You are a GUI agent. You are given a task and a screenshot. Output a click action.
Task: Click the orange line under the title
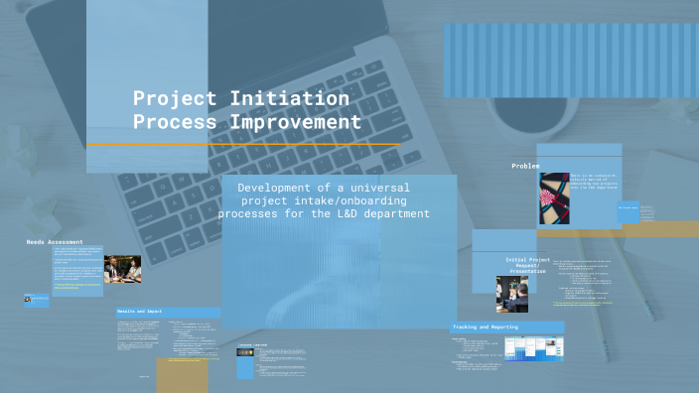pyautogui.click(x=243, y=145)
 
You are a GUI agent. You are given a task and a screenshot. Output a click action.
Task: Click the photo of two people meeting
pyautogui.click(x=122, y=269)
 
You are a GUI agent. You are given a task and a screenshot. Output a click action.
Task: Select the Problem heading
pyautogui.click(x=525, y=166)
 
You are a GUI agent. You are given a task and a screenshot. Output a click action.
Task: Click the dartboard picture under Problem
pyautogui.click(x=553, y=197)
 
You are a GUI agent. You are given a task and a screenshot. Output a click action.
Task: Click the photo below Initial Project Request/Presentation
pyautogui.click(x=512, y=294)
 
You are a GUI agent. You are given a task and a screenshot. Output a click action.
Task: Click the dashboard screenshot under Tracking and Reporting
pyautogui.click(x=532, y=348)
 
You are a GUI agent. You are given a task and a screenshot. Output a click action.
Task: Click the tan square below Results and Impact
pyautogui.click(x=183, y=374)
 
